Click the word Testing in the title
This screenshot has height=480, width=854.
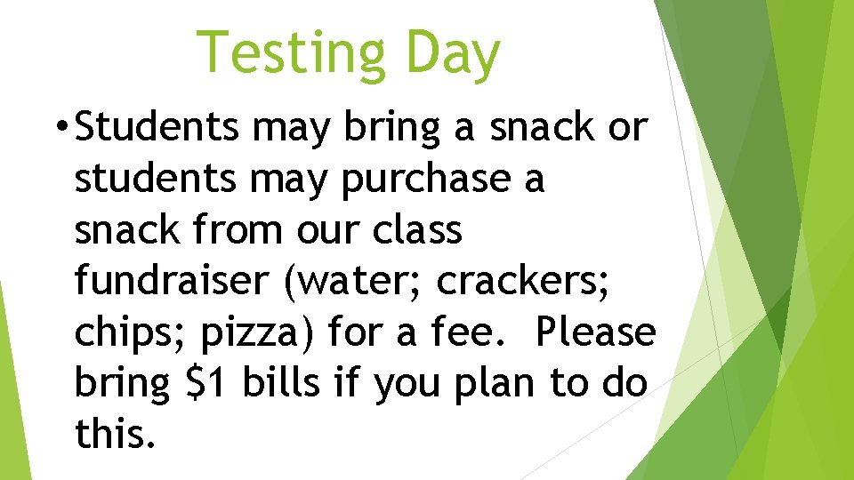(x=291, y=52)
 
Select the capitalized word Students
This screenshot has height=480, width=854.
(x=157, y=127)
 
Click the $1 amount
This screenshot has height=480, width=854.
(x=207, y=383)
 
